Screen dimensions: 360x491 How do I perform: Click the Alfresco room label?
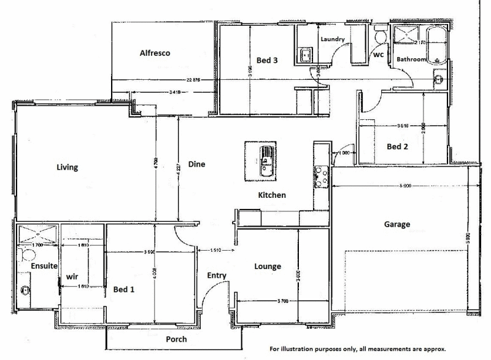tap(154, 53)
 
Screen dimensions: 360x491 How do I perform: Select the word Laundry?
tap(333, 39)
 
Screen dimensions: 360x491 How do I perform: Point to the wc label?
tap(379, 55)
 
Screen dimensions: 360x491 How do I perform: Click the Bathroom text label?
tap(411, 60)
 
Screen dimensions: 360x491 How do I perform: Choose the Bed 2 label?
tap(397, 147)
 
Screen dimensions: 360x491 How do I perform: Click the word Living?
tap(67, 167)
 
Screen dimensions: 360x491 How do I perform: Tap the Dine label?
tap(196, 165)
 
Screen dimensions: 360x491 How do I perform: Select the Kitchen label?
tap(271, 195)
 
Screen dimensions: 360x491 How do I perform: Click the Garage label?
tap(397, 225)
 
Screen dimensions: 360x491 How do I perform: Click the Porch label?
tap(176, 339)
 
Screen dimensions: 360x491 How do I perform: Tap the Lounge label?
tap(268, 267)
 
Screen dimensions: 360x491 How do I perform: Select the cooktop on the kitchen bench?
tap(320, 177)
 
